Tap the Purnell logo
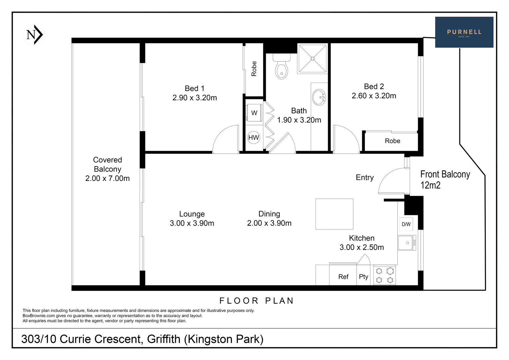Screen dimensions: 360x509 [x=464, y=32]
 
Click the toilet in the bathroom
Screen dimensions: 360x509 [x=281, y=68]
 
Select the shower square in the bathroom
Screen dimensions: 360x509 [x=312, y=59]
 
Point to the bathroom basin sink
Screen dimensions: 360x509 [x=319, y=97]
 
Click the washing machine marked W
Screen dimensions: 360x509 [x=254, y=113]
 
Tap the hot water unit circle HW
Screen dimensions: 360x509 [x=254, y=137]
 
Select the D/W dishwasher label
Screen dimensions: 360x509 [x=406, y=224]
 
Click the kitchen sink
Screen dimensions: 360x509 [x=406, y=243]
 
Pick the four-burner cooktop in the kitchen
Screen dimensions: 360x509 [x=385, y=275]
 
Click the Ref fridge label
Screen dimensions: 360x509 [x=343, y=277]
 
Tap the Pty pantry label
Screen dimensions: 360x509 [x=363, y=277]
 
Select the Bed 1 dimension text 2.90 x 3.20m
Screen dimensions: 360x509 [x=195, y=98]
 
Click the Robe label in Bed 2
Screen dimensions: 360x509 [x=392, y=141]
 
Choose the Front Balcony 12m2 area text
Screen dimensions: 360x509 [x=445, y=179]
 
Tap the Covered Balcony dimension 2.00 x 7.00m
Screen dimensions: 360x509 [x=107, y=178]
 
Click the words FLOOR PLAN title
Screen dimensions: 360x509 [x=256, y=301]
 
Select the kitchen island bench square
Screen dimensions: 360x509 [x=334, y=214]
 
